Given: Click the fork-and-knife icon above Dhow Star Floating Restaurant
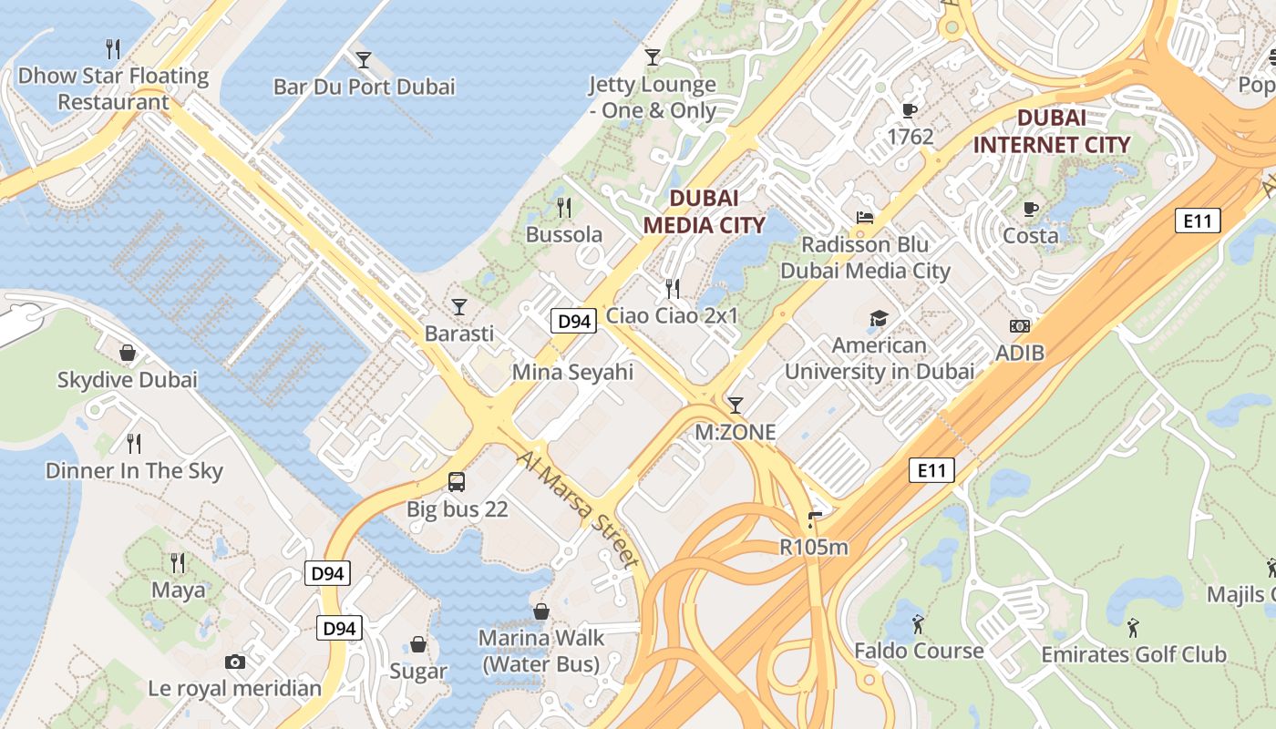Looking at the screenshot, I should (113, 48).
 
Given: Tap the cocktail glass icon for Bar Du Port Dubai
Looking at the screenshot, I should (364, 60).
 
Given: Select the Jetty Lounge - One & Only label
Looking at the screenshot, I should (652, 98).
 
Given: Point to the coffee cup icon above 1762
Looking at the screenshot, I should (909, 110).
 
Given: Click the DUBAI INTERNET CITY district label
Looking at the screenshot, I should (1051, 131).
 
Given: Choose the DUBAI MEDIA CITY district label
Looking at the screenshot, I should (703, 210).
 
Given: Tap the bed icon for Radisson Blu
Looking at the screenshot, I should (865, 218).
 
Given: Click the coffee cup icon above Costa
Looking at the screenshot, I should (1031, 209).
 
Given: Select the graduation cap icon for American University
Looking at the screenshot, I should (879, 318).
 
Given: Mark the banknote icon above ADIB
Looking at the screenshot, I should (1020, 325).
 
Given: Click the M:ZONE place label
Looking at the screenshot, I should (736, 432).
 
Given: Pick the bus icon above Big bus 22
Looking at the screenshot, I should (457, 481).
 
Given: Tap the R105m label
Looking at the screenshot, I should (814, 547).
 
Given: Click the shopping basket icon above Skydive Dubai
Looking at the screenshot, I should (128, 352).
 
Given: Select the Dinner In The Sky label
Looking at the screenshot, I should (134, 471).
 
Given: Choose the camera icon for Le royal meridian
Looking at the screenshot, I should (235, 662).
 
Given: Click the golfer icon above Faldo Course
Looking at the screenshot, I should (918, 624).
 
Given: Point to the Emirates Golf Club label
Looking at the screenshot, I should (1134, 654).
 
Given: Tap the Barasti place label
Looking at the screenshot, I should (459, 334).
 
